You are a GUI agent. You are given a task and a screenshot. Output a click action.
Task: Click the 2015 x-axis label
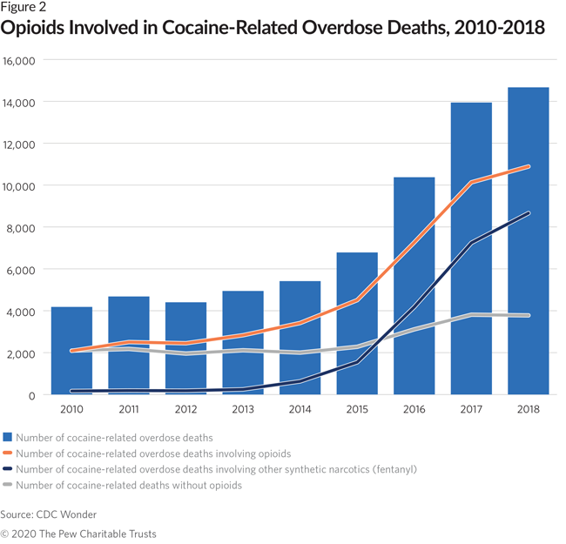pyautogui.click(x=356, y=408)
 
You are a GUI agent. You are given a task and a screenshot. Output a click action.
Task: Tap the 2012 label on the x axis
pyautogui.click(x=185, y=408)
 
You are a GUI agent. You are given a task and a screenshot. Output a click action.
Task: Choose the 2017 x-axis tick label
pyautogui.click(x=470, y=408)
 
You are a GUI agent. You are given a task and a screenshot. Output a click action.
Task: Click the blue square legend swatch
pyautogui.click(x=8, y=437)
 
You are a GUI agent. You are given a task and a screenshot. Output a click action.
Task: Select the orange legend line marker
pyautogui.click(x=8, y=453)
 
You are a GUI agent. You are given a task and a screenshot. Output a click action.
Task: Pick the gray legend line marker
pyautogui.click(x=8, y=485)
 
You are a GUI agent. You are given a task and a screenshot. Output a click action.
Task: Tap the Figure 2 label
pyautogui.click(x=24, y=8)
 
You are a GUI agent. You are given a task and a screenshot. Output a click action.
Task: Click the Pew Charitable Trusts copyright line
pyautogui.click(x=78, y=533)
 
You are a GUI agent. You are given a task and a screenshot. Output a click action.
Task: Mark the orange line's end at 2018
pyautogui.click(x=528, y=166)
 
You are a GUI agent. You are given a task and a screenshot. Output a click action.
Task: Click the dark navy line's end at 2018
pyautogui.click(x=528, y=213)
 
